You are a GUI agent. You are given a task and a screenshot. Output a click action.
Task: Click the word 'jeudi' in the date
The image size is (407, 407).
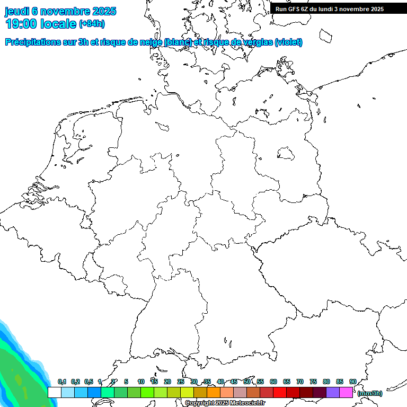(x=16, y=11)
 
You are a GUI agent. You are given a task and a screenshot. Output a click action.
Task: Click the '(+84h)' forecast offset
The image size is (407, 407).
(x=92, y=24)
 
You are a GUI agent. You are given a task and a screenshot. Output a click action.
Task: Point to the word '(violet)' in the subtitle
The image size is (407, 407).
(x=289, y=42)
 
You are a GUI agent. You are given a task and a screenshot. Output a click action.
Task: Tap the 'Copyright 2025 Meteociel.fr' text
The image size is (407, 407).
(x=225, y=403)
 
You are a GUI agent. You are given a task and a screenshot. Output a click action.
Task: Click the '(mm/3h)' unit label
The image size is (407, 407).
(x=370, y=393)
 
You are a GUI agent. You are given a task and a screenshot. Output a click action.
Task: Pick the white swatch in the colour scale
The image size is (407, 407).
(x=55, y=392)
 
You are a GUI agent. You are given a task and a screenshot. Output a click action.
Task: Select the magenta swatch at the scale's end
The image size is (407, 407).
(x=346, y=392)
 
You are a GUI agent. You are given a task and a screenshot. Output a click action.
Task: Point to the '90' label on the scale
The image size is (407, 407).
(x=353, y=382)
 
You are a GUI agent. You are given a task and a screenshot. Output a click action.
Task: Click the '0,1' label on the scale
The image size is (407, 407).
(x=61, y=382)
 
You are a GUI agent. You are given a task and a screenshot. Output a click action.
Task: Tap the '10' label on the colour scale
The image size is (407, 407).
(x=141, y=382)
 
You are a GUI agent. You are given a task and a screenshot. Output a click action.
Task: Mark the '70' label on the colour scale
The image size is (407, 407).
(x=300, y=382)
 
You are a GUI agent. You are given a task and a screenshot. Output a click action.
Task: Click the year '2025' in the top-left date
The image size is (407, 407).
(x=104, y=11)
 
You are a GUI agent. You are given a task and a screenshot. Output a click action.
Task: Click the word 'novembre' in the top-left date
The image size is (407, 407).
(x=65, y=11)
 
